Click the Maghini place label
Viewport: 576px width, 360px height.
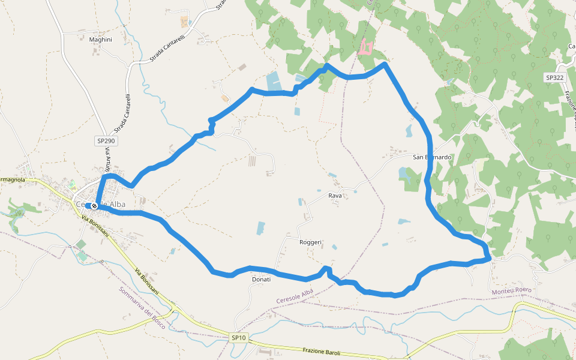pyautogui.click(x=100, y=40)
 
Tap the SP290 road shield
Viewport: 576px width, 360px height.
pyautogui.click(x=106, y=141)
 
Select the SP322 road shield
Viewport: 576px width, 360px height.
pyautogui.click(x=555, y=78)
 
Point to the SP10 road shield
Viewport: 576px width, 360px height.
pyautogui.click(x=238, y=338)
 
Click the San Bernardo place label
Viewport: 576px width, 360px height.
pyautogui.click(x=432, y=157)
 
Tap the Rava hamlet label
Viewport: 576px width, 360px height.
pyautogui.click(x=335, y=196)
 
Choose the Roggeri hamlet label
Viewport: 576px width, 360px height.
pyautogui.click(x=311, y=242)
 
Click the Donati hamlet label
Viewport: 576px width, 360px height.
pyautogui.click(x=261, y=280)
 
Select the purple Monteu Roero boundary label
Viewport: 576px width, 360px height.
pyautogui.click(x=511, y=291)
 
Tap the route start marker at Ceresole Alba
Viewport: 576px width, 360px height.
pyautogui.click(x=94, y=206)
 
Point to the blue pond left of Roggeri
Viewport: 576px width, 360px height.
pyautogui.click(x=260, y=228)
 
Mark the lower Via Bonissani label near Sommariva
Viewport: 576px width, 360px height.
pyautogui.click(x=147, y=280)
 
